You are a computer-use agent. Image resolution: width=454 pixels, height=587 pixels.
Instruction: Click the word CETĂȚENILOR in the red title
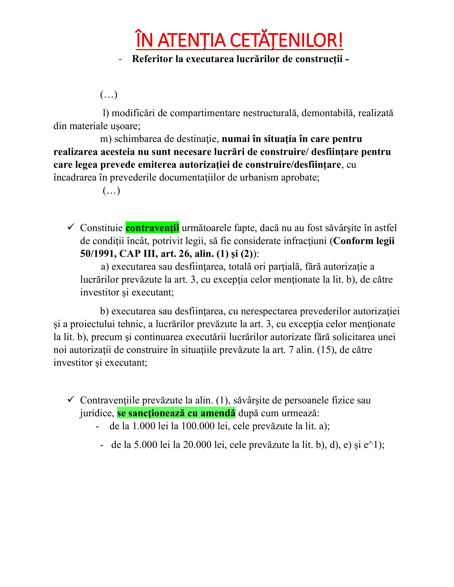286,40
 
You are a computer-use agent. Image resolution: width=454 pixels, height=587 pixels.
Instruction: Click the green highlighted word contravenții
152,228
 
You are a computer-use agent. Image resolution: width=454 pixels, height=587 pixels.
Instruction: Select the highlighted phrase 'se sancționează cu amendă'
176,413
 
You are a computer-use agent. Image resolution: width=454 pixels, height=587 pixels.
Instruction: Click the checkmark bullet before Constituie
71,227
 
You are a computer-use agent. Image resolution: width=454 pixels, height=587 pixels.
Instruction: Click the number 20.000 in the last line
197,445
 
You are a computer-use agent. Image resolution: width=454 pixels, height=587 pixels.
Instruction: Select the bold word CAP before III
130,253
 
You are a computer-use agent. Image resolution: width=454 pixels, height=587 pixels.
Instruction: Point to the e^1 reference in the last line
371,445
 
